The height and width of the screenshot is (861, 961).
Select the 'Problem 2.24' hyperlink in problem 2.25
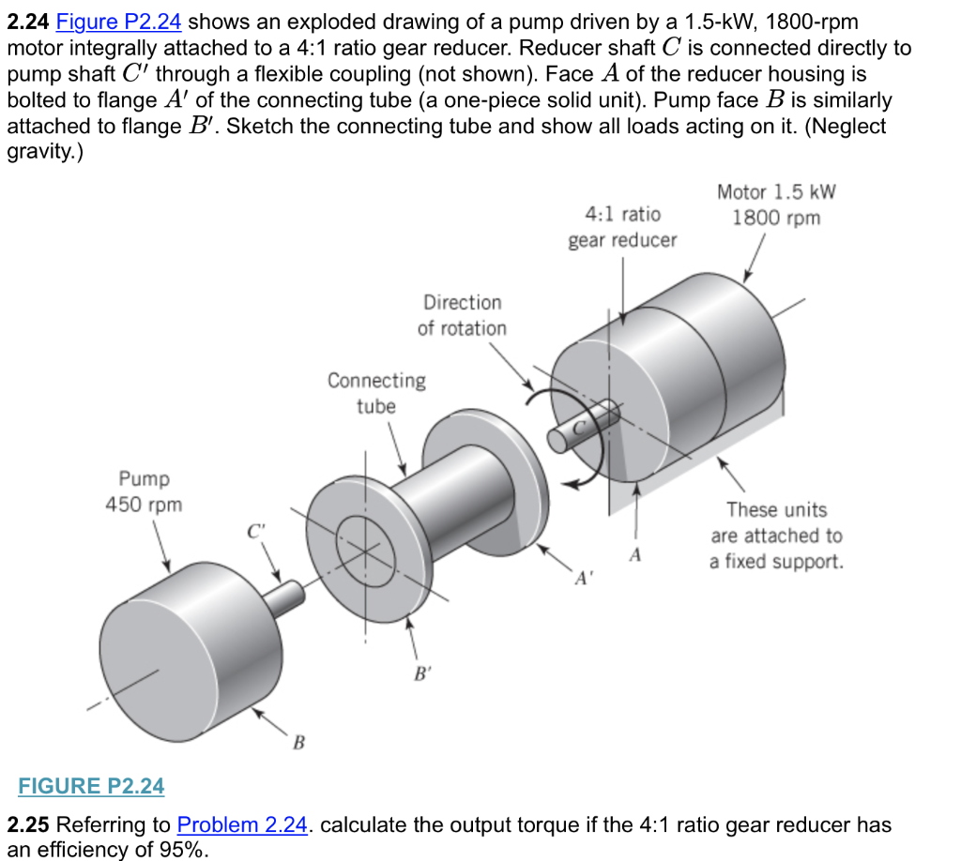[242, 825]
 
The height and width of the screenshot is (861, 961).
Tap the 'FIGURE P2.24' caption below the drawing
[92, 786]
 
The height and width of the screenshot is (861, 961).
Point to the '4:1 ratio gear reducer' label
[622, 227]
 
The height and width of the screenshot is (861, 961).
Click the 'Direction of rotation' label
[462, 315]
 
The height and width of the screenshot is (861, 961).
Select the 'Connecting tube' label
[376, 393]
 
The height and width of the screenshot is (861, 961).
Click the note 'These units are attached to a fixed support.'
[776, 536]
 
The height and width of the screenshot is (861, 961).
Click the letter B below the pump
[298, 744]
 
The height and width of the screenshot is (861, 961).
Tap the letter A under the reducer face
[635, 555]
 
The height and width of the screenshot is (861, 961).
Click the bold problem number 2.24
[27, 22]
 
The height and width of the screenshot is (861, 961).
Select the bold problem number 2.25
[27, 825]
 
